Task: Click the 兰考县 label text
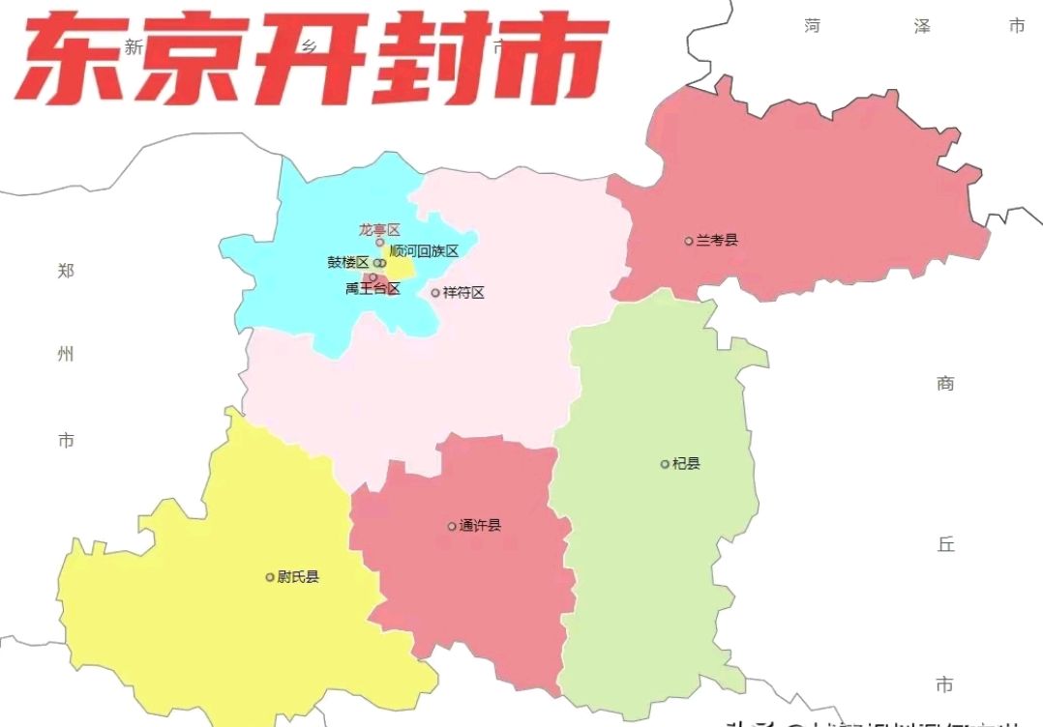[x=717, y=240]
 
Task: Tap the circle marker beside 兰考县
[x=689, y=241]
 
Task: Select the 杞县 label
[x=686, y=464]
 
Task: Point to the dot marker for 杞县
[x=665, y=464]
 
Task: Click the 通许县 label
[x=481, y=526]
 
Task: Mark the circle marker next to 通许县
[x=452, y=526]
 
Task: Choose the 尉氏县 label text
[x=298, y=577]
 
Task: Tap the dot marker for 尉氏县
[x=270, y=577]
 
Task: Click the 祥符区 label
[x=463, y=292]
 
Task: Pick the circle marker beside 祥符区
[x=435, y=292]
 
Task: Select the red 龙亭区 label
[x=379, y=230]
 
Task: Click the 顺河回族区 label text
[x=424, y=251]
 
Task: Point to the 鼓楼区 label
[x=348, y=262]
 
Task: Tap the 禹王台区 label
[x=372, y=288]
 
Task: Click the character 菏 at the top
[x=812, y=26]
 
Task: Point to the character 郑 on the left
[x=66, y=270]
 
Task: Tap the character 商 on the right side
[x=945, y=384]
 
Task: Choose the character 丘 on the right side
[x=945, y=544]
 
